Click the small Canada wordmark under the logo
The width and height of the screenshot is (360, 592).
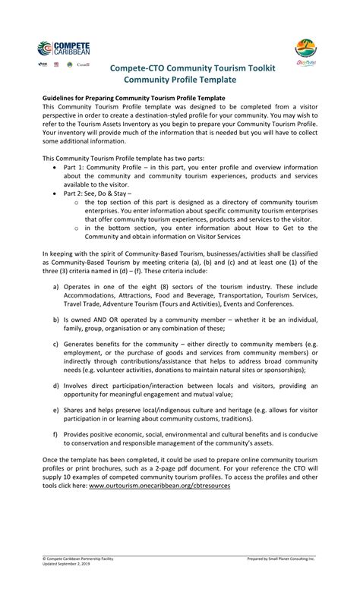coord(83,65)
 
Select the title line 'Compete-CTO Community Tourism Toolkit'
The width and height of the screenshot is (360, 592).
coord(193,68)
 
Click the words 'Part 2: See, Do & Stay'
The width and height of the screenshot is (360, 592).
coord(97,194)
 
